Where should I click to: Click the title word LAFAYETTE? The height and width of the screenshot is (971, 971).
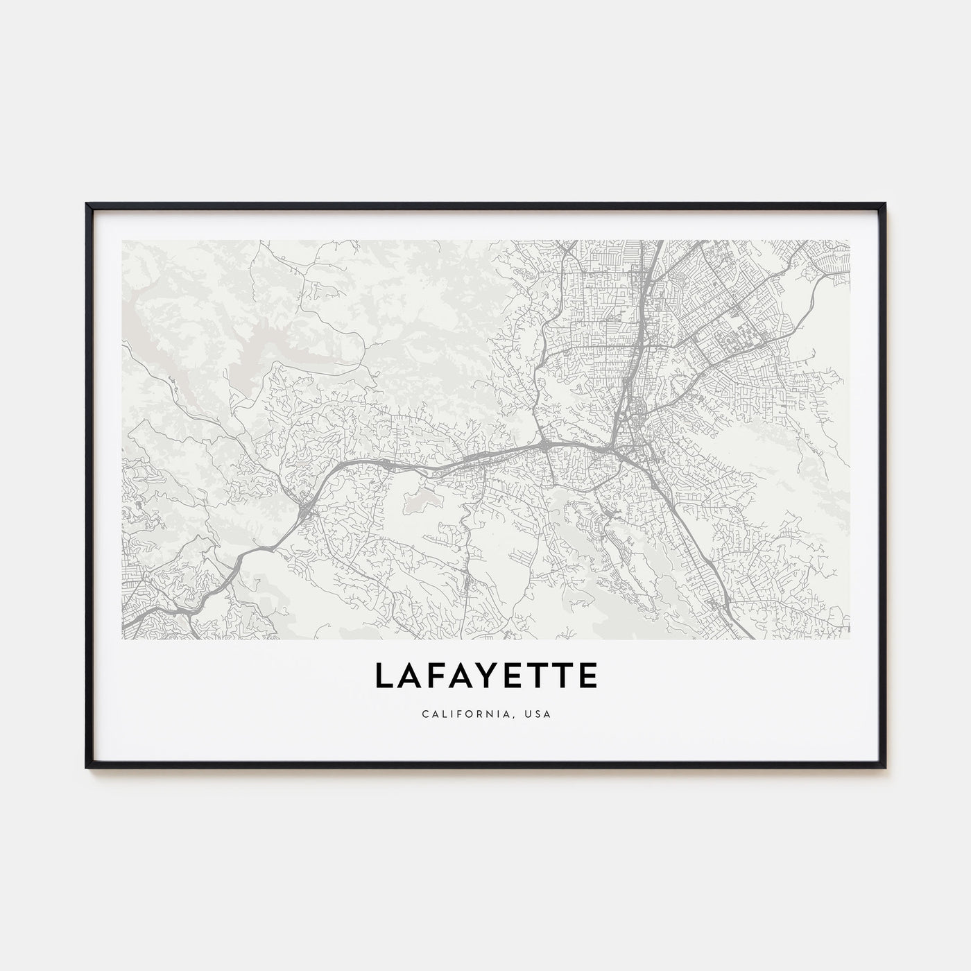tap(486, 676)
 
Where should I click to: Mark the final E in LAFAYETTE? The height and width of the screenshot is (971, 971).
tap(586, 676)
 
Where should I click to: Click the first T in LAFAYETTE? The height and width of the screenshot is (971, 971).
tap(535, 676)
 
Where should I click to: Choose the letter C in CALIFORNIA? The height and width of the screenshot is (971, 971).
tap(423, 714)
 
